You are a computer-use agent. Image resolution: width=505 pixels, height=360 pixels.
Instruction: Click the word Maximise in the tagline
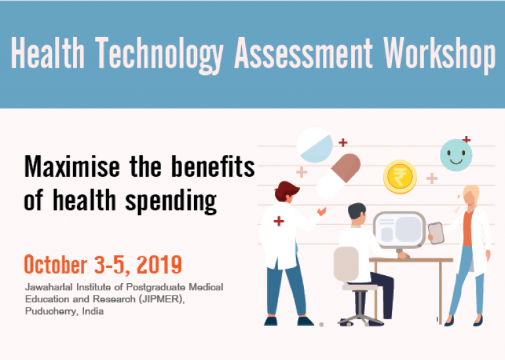pos(64,168)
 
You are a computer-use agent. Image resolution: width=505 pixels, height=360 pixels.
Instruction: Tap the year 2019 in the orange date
pos(156,265)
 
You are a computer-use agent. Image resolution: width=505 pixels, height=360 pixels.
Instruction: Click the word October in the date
pos(56,265)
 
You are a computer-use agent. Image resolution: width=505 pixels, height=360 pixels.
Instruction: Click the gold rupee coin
pos(400,176)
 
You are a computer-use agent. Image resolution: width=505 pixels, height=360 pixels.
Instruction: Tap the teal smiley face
pos(456,155)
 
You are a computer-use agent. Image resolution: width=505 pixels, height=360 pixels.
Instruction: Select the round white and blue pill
pos(314,145)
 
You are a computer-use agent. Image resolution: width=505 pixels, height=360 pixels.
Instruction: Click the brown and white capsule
pos(339,174)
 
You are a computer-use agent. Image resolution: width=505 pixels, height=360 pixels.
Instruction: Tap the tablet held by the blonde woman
pos(436,233)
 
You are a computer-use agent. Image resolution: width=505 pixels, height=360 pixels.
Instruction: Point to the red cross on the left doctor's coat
pos(278,221)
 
